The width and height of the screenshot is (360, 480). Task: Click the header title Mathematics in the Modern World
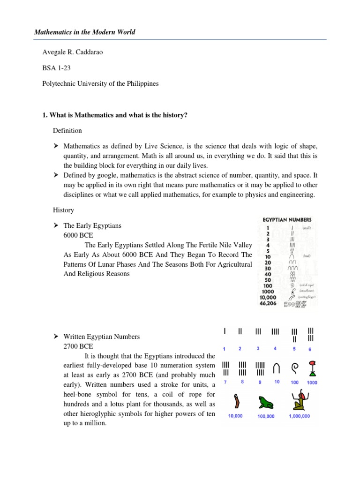[x=85, y=32]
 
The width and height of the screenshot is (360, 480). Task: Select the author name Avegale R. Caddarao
[x=69, y=52]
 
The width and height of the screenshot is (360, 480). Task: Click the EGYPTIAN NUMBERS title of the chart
[x=286, y=219]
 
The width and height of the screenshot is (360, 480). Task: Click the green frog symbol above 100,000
[x=266, y=403]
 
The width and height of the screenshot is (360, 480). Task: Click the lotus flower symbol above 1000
[x=312, y=368]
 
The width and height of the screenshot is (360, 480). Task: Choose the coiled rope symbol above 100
[x=294, y=368]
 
